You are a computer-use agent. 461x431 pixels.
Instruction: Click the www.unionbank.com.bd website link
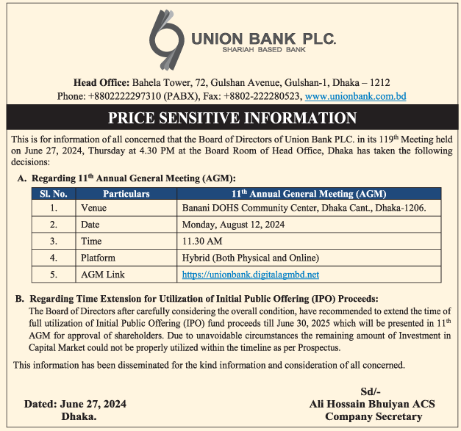(355, 96)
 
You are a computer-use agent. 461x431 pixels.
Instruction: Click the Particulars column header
(126, 194)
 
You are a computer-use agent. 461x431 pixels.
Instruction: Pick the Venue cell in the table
(93, 209)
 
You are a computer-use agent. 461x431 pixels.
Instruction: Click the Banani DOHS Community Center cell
(304, 209)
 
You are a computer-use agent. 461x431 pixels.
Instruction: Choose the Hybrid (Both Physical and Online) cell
(250, 258)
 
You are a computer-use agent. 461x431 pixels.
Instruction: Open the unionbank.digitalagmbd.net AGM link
(251, 275)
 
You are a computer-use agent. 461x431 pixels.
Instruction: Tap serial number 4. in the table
(53, 258)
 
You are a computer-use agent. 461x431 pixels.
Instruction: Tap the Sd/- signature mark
(371, 391)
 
